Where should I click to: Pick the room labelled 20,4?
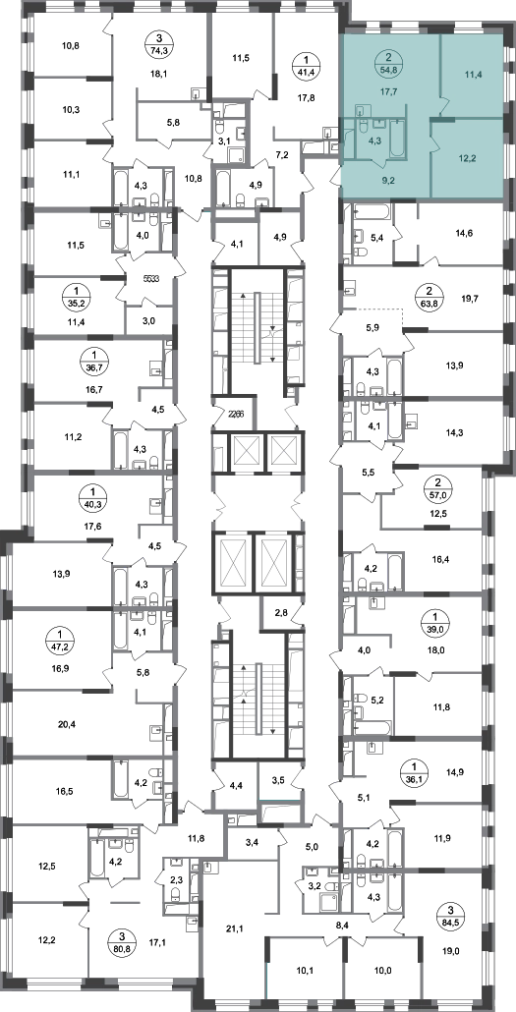coord(67,724)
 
